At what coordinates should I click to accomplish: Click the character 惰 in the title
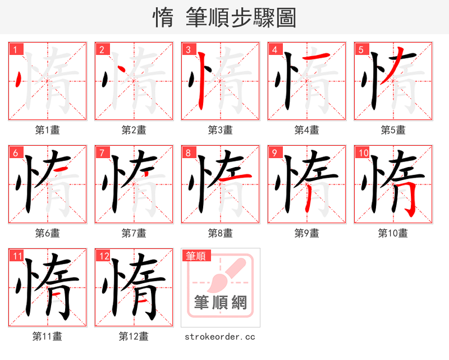pos(163,18)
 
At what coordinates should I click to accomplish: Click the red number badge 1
pos(15,50)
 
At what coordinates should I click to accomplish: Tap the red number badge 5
pos(361,50)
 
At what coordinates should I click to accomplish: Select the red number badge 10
pos(363,153)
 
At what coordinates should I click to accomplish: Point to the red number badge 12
pos(103,257)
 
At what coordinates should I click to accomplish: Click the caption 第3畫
pos(220,130)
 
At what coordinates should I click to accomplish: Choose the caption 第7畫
pos(134,233)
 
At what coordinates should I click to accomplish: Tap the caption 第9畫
pos(306,233)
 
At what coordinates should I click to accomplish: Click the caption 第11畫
pos(47,336)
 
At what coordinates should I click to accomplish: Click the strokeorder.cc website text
pos(220,336)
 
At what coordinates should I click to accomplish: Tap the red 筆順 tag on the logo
pos(196,256)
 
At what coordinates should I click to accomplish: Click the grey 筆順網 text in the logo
pos(220,302)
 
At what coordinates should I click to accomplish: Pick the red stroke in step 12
pos(143,301)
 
